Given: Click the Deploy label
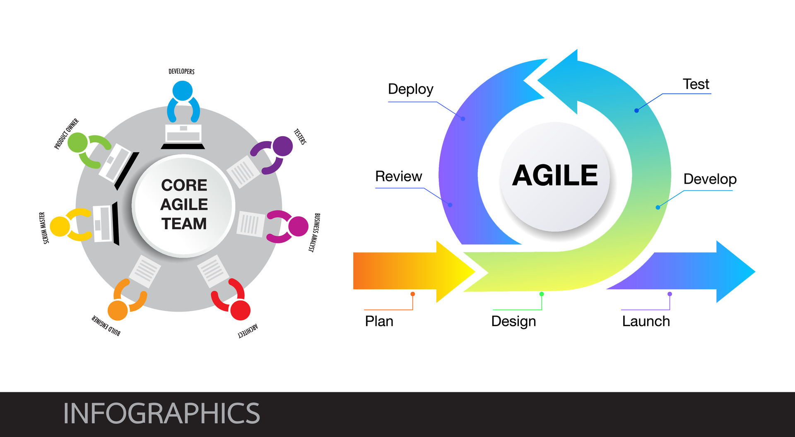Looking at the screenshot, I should pyautogui.click(x=410, y=89).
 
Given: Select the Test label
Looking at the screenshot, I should pyautogui.click(x=696, y=84).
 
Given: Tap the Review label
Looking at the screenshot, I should pyautogui.click(x=398, y=177).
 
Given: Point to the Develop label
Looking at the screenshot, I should pyautogui.click(x=710, y=179).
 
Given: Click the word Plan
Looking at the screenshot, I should pyautogui.click(x=379, y=322).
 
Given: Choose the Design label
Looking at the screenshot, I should pyautogui.click(x=513, y=322).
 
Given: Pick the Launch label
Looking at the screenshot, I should pyautogui.click(x=646, y=322).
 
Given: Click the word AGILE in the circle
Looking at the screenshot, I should pyautogui.click(x=555, y=175).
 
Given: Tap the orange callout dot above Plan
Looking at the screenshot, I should pyautogui.click(x=413, y=294).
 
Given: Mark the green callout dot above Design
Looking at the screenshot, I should pyautogui.click(x=542, y=294).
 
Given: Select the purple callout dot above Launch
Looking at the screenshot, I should pyautogui.click(x=670, y=294).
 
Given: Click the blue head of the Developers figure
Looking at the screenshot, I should pyautogui.click(x=182, y=91).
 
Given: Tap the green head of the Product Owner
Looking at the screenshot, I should pyautogui.click(x=77, y=143).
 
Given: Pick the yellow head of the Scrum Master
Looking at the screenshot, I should pyautogui.click(x=60, y=226).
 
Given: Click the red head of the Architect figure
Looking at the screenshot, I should pyautogui.click(x=240, y=310).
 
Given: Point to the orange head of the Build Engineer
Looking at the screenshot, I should pyautogui.click(x=118, y=310).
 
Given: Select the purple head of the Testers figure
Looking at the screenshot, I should pyautogui.click(x=283, y=146).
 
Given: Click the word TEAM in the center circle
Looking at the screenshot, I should pyautogui.click(x=184, y=224).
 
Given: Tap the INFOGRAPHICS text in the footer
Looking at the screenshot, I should pyautogui.click(x=161, y=413).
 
